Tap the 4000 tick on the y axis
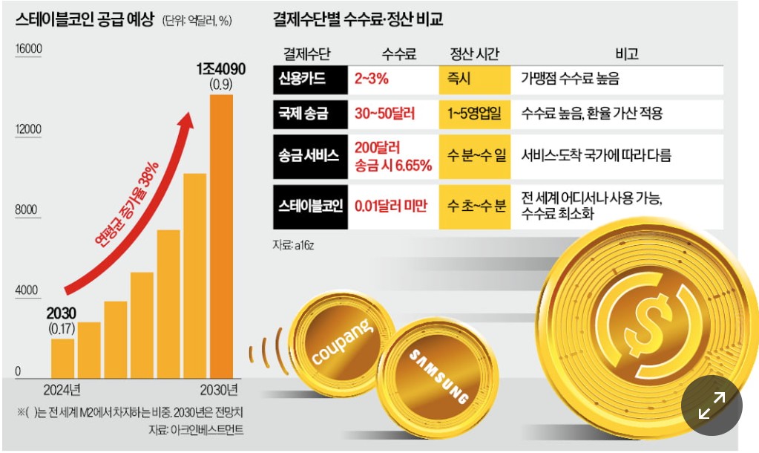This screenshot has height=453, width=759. [28, 290]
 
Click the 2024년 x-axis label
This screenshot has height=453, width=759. [62, 390]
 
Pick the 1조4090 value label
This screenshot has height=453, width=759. [216, 68]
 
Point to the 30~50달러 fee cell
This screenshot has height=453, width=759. [385, 114]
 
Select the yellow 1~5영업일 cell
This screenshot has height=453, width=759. [475, 114]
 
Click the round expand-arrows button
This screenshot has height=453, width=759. [711, 405]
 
